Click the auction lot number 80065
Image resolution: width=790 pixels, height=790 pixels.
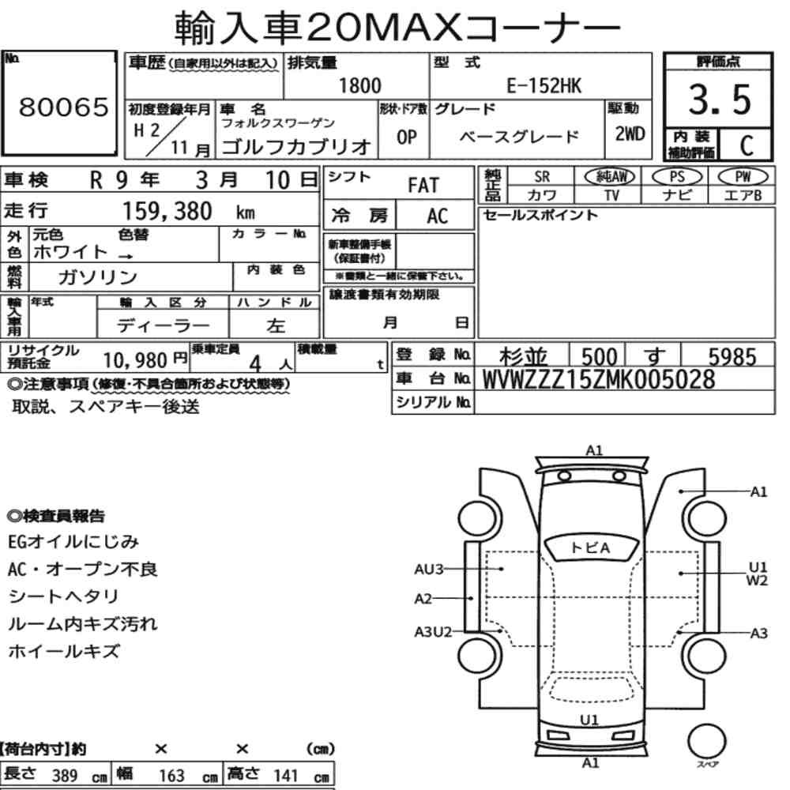click(63, 107)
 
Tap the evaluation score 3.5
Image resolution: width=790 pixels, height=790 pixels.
click(720, 100)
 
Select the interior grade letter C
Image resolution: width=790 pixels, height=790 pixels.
click(747, 145)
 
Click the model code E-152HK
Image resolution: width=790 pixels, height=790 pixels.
click(544, 85)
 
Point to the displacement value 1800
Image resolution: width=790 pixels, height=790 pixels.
click(359, 85)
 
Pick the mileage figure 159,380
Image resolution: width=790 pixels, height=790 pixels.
click(167, 211)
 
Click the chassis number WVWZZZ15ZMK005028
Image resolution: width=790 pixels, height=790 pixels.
click(599, 379)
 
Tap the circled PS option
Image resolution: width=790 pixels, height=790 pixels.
click(677, 177)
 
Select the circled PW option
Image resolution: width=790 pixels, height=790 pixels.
click(743, 177)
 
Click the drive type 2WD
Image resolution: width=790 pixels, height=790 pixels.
click(630, 134)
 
